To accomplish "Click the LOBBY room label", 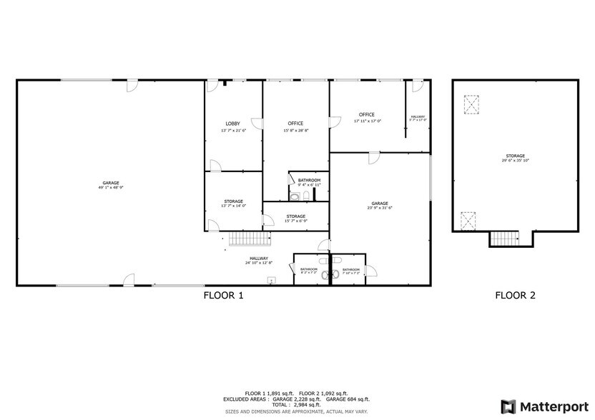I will click(232, 124).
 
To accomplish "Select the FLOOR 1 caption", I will click(224, 295).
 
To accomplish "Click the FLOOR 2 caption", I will click(515, 295).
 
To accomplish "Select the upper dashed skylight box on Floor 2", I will click(471, 105).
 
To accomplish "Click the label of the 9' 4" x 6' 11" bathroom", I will click(309, 180).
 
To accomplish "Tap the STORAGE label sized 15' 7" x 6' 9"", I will click(296, 216).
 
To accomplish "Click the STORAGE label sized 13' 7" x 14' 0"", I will click(233, 201).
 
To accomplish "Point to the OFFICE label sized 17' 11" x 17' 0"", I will click(367, 115).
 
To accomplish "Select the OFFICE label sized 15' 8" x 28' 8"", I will click(296, 124).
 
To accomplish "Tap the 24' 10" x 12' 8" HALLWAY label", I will click(259, 259).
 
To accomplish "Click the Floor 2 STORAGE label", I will click(515, 156).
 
